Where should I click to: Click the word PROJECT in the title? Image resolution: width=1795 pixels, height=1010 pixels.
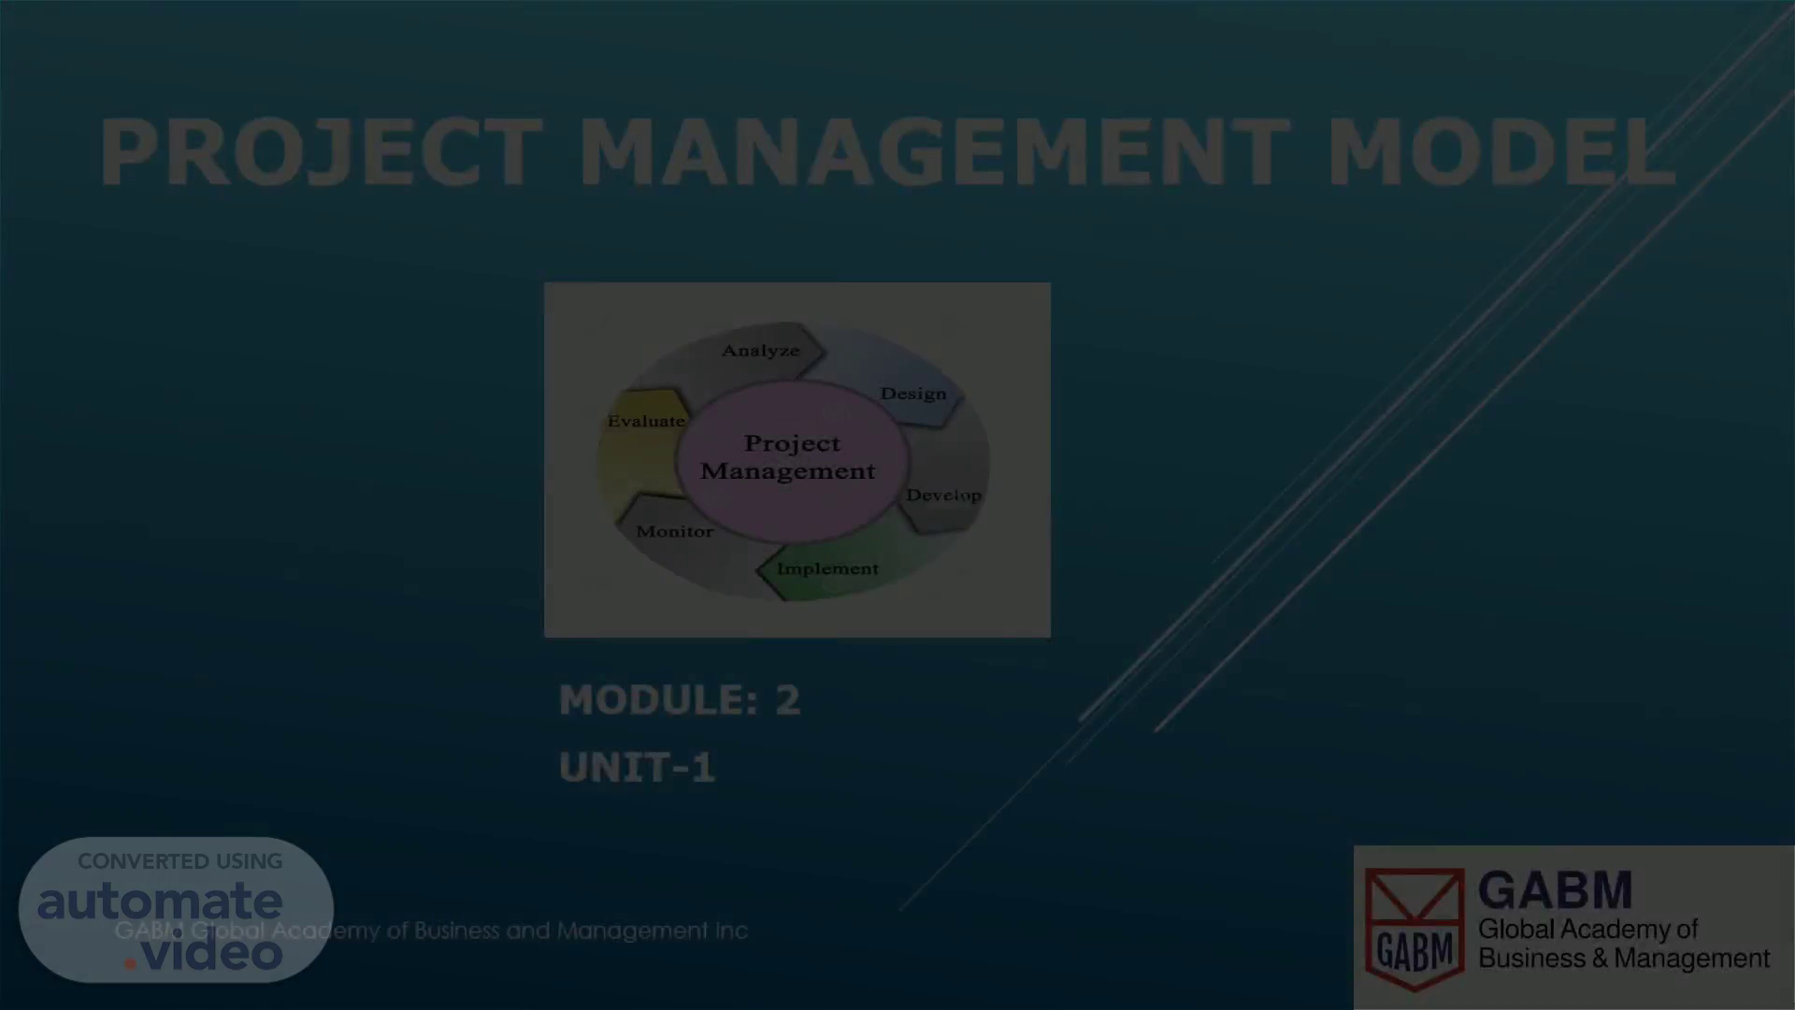[x=321, y=152]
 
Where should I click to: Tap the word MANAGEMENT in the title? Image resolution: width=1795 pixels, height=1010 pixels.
[x=935, y=152]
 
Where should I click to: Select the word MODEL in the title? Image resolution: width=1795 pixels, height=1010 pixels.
[x=1501, y=152]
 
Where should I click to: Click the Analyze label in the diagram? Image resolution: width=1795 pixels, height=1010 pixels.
[x=761, y=351]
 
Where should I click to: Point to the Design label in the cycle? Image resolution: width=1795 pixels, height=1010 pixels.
[x=913, y=394]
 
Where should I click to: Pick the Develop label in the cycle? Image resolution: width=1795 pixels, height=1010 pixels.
[x=944, y=495]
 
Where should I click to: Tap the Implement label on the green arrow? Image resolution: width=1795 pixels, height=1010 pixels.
[x=827, y=569]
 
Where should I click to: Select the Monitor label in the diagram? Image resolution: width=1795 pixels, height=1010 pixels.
[x=674, y=531]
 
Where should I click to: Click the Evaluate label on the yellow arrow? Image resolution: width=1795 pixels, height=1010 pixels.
[x=646, y=421]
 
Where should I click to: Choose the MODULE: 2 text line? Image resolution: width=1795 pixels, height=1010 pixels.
[x=680, y=700]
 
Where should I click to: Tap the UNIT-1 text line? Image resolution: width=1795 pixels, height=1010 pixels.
[x=637, y=768]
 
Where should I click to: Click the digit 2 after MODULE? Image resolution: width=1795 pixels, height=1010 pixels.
[x=788, y=700]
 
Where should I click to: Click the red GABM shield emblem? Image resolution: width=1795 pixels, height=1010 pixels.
[x=1414, y=929]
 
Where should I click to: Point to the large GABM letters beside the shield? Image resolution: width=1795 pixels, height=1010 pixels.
[x=1556, y=890]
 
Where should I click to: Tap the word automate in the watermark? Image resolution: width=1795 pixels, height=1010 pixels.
[x=160, y=902]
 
